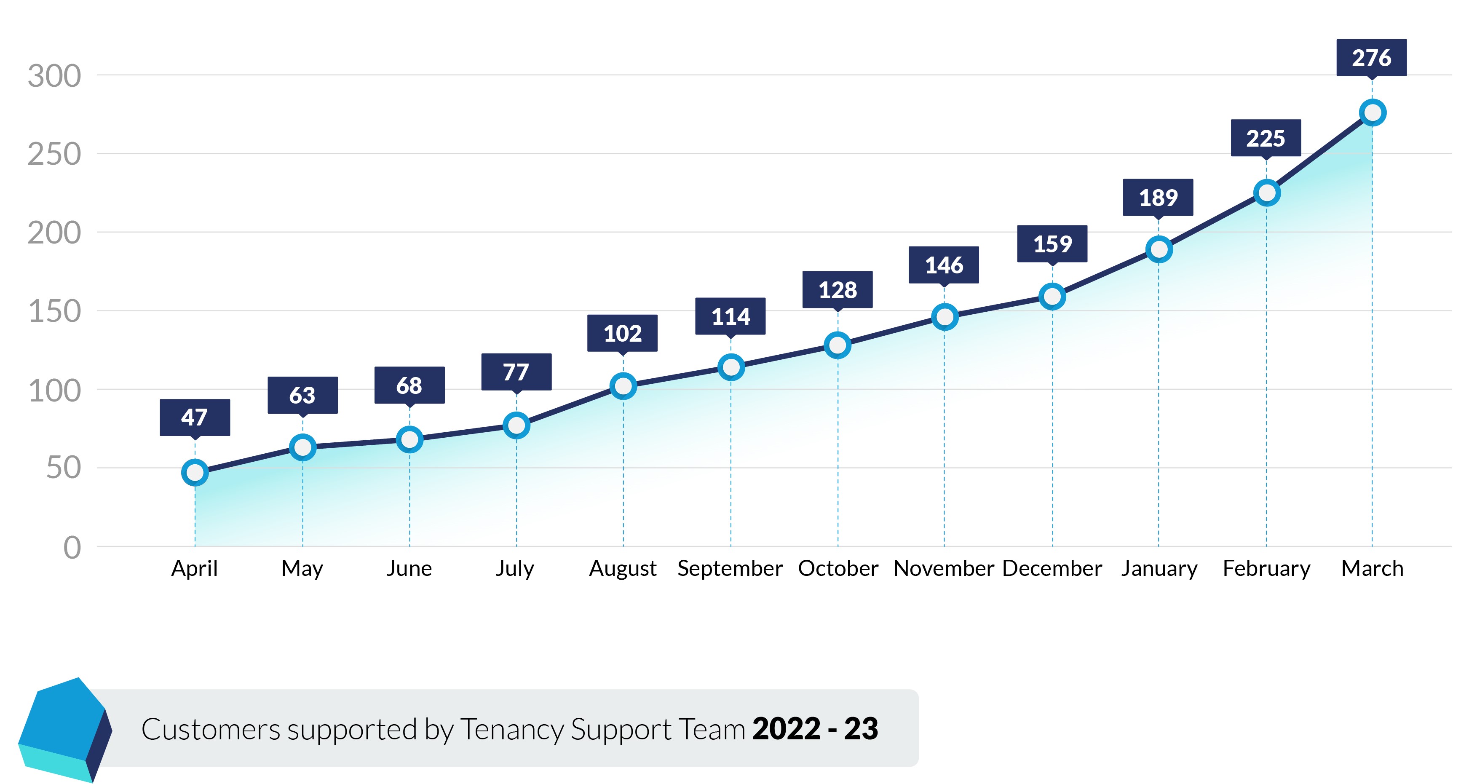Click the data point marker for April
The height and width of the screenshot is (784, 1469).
(x=195, y=472)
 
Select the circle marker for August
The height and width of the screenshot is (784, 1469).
(x=623, y=386)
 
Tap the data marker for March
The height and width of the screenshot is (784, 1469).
(x=1372, y=112)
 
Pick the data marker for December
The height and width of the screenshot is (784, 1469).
(x=1052, y=297)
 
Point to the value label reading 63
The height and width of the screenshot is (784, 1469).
(x=302, y=395)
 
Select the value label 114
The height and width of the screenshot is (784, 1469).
(x=730, y=316)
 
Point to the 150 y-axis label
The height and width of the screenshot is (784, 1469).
(x=55, y=311)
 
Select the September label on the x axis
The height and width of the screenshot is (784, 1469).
(x=730, y=568)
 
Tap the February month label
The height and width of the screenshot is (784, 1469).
(x=1266, y=568)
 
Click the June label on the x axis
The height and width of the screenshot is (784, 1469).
(x=409, y=568)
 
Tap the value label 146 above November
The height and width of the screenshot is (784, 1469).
(x=944, y=265)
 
